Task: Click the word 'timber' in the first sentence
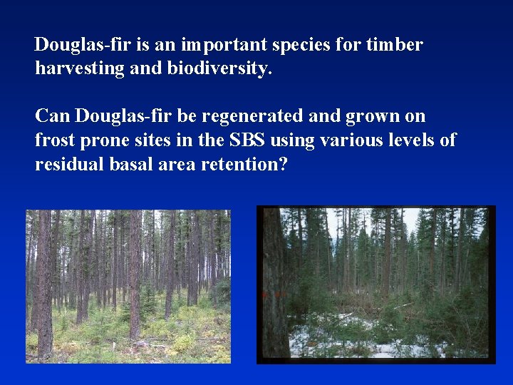395,46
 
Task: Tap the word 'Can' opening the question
52,116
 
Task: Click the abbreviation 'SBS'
248,140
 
